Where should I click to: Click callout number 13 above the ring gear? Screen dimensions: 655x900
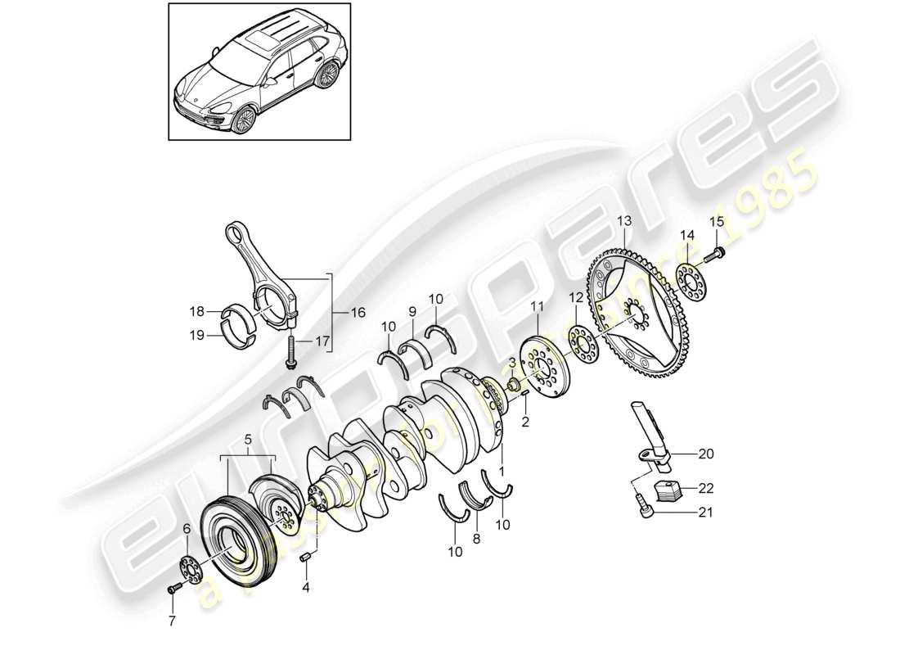pos(624,220)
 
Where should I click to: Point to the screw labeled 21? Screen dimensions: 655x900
pos(644,511)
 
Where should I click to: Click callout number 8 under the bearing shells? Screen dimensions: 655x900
pos(477,540)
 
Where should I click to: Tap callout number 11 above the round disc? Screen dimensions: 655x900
pos(536,306)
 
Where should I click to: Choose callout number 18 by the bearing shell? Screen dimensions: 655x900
pos(196,311)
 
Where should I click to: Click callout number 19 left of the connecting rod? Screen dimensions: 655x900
pos(196,333)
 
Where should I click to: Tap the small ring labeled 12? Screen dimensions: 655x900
pos(583,344)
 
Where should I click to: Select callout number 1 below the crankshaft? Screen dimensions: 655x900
pos(501,472)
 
